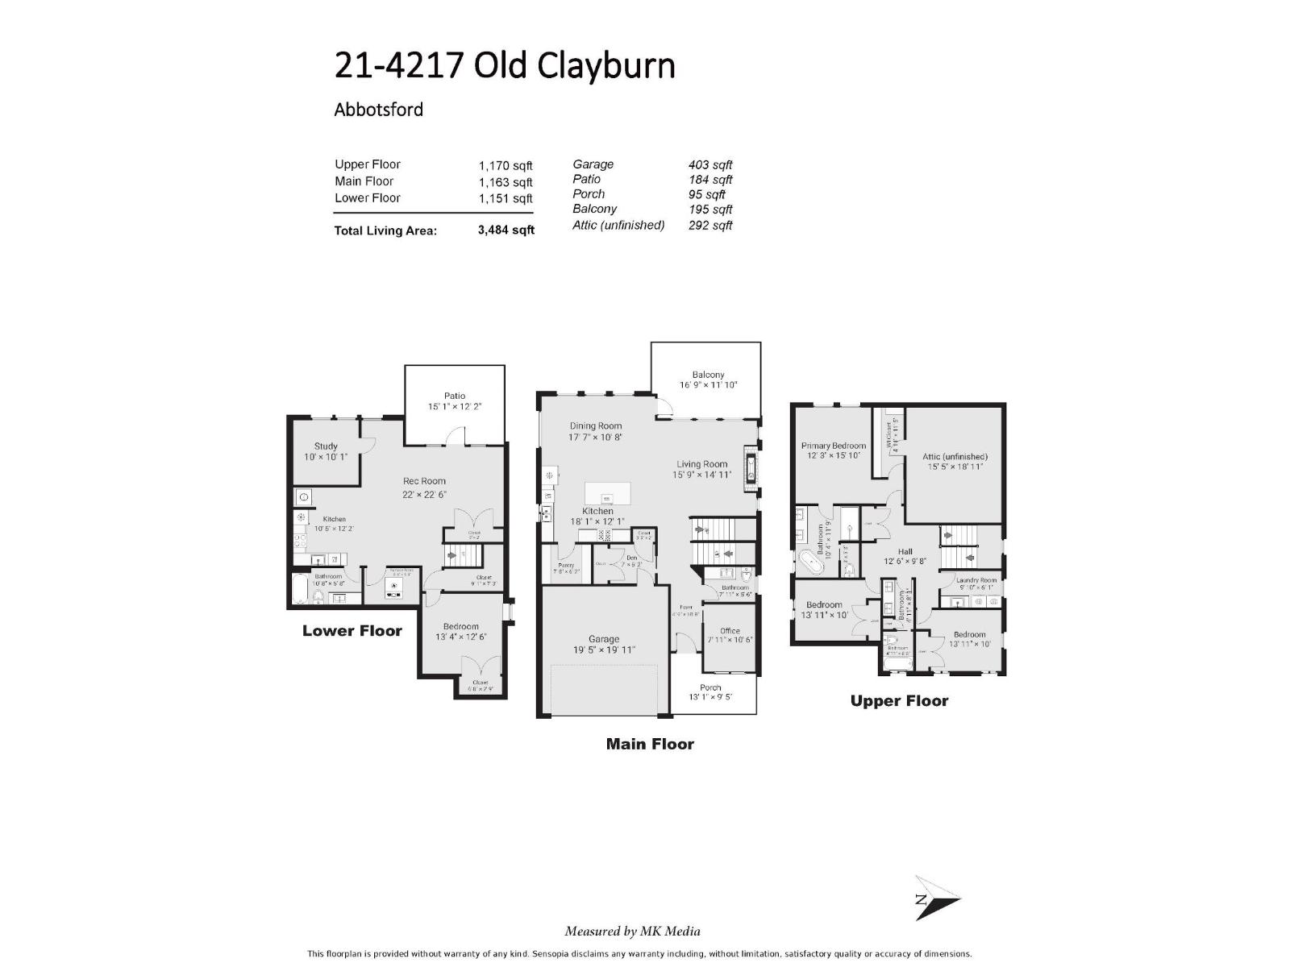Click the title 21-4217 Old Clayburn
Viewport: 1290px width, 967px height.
[505, 66]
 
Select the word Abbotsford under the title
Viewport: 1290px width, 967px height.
[378, 110]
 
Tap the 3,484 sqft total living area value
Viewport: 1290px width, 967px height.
[506, 230]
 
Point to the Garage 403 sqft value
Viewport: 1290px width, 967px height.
[709, 164]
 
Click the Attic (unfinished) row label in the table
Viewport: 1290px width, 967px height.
[618, 225]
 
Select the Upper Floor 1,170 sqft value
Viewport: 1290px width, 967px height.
[506, 165]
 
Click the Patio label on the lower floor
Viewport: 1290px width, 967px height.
[455, 396]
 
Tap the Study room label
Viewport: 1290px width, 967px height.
[326, 446]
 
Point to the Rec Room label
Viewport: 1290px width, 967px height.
[424, 481]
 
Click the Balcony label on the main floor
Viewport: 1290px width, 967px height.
[708, 375]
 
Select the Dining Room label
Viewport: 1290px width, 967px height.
[596, 426]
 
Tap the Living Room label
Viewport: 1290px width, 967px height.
[701, 464]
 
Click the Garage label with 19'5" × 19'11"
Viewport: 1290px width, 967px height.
[603, 639]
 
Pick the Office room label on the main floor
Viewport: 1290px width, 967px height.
[730, 631]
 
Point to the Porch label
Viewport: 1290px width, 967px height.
[710, 687]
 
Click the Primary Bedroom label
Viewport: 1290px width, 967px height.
[833, 446]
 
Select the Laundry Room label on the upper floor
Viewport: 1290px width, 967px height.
[976, 580]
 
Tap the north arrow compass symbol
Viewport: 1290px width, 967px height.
[935, 898]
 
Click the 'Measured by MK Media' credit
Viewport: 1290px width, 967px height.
[632, 932]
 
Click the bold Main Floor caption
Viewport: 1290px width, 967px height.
[650, 745]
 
